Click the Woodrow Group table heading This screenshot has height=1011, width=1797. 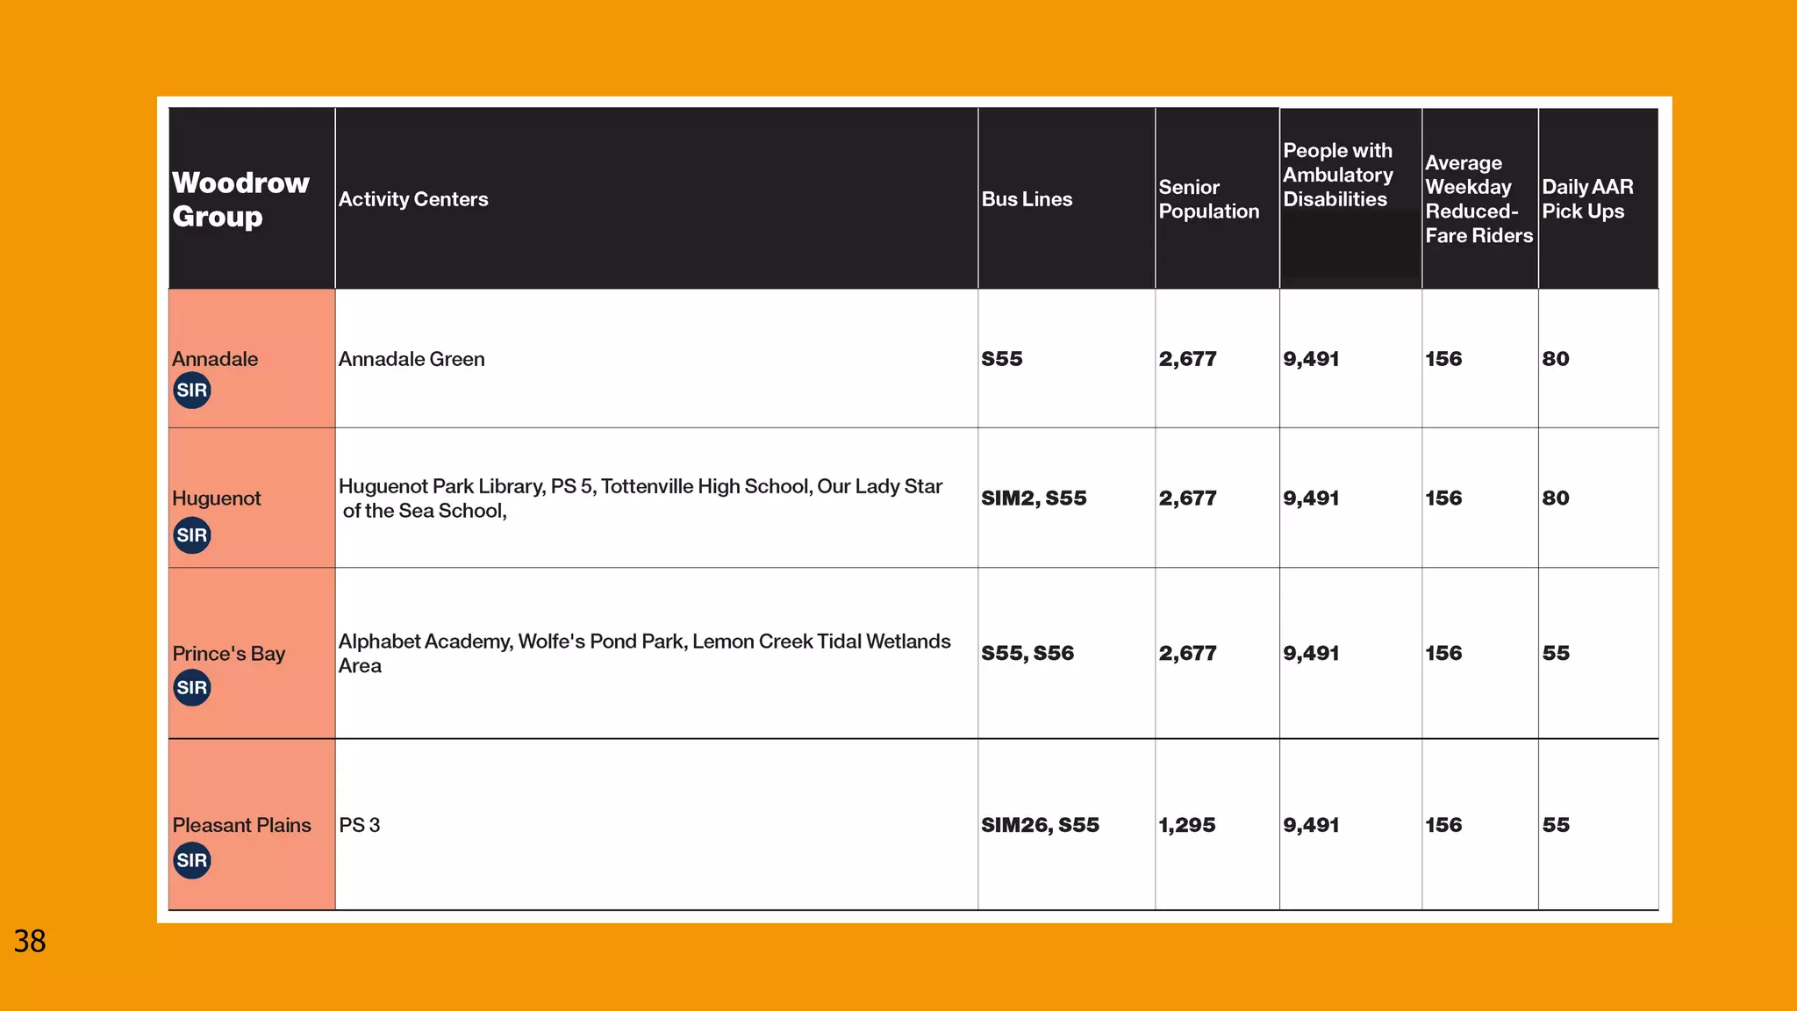click(240, 199)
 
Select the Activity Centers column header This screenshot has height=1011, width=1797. click(413, 199)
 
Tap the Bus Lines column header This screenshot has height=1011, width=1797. click(1027, 199)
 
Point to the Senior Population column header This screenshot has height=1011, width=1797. click(1208, 199)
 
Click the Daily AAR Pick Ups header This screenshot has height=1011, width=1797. click(1587, 199)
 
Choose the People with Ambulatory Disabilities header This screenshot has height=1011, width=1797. click(1337, 176)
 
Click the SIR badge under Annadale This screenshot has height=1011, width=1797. click(192, 391)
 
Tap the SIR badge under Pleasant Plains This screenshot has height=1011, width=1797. click(192, 860)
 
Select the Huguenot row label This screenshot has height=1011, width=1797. click(217, 498)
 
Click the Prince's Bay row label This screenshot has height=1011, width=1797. click(228, 654)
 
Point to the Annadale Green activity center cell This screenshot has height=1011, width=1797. click(412, 359)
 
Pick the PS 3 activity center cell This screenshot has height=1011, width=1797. click(360, 825)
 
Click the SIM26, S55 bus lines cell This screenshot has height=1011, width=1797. click(1040, 825)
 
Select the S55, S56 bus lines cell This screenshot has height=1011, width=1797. click(1027, 654)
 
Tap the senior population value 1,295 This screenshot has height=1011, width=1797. click(1186, 825)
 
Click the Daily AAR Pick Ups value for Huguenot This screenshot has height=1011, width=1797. click(1556, 498)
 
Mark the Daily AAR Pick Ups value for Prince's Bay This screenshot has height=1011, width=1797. click(1556, 654)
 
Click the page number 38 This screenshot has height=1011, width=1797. click(30, 942)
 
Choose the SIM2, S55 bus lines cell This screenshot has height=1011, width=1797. click(1034, 498)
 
